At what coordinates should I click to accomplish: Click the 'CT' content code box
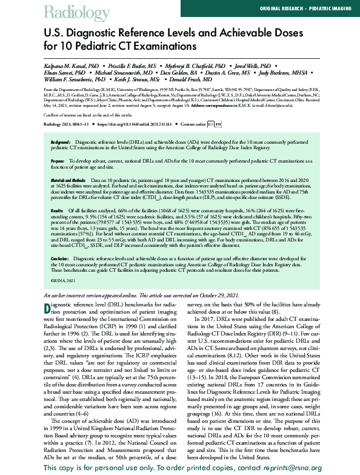(210, 124)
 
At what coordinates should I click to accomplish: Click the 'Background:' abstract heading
(60, 141)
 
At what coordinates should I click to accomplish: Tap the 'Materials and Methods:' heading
(68, 180)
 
